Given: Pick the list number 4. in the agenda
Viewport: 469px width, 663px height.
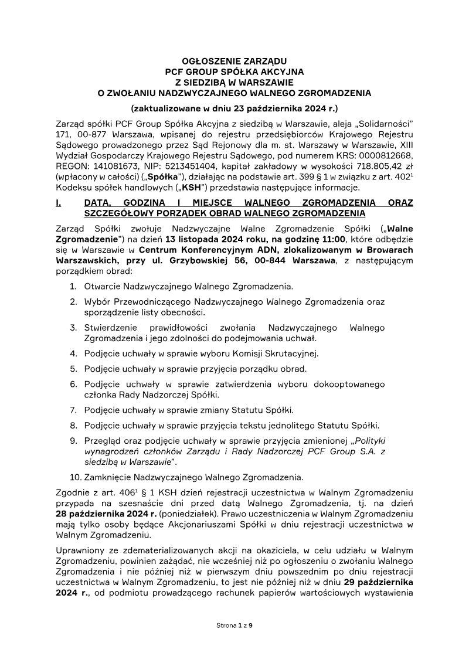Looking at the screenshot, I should (x=73, y=353).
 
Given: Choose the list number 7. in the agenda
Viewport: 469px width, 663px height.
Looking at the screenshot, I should (x=73, y=410).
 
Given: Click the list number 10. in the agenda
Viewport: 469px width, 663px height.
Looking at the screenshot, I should (x=75, y=477).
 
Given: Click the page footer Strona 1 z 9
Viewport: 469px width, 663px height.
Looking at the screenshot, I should (x=235, y=625).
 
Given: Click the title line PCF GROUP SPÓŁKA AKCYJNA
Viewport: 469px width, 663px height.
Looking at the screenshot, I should (x=235, y=71).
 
